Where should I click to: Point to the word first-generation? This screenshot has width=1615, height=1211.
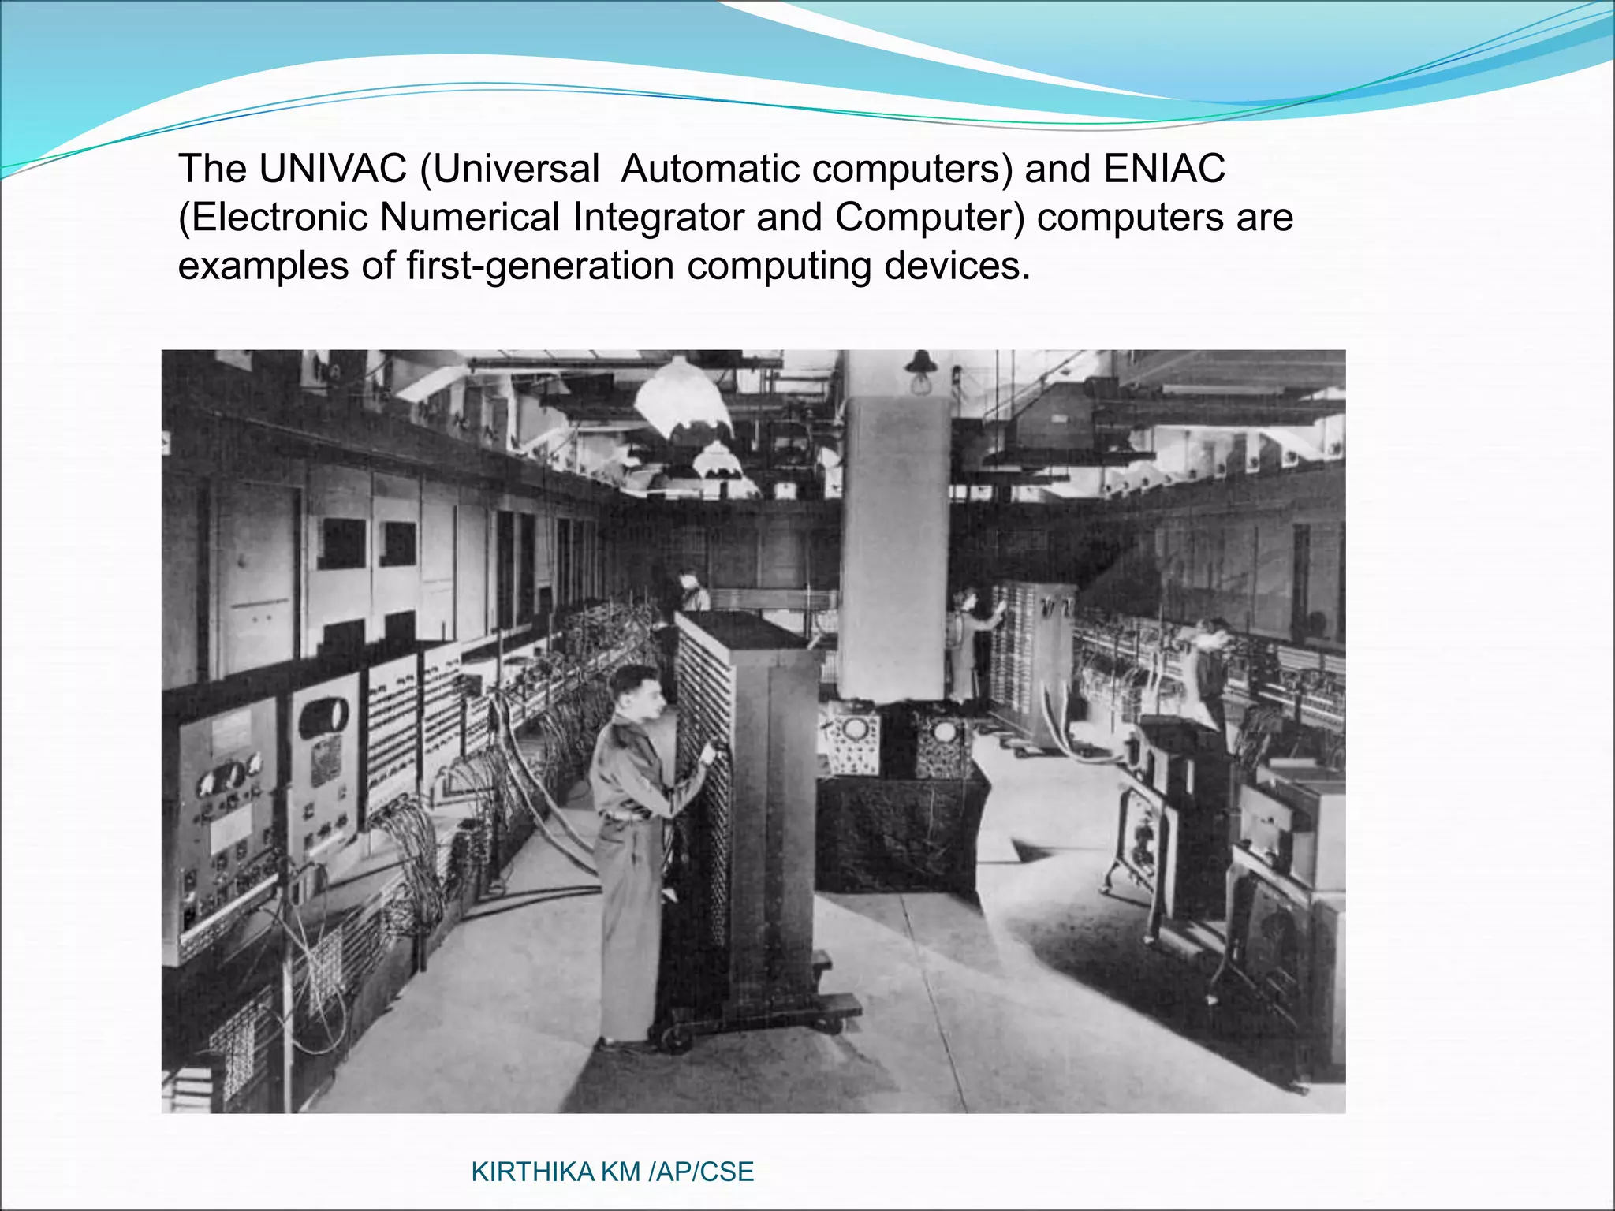coord(540,266)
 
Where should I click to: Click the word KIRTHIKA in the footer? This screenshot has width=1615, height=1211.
coord(533,1172)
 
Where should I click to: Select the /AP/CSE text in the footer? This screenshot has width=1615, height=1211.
coord(701,1172)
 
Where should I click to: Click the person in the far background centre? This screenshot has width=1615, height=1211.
coord(692,591)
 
